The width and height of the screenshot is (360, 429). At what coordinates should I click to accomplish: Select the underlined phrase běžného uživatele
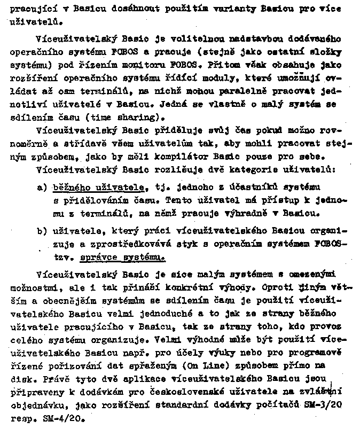coord(99,188)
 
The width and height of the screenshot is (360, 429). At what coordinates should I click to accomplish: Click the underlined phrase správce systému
coord(122,257)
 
